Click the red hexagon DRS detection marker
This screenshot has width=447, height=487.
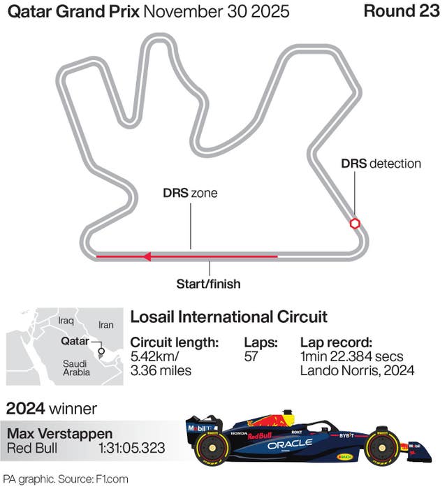coord(355,224)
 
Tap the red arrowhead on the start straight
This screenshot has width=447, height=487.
coord(147,256)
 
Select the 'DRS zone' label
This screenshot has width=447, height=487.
coord(190,193)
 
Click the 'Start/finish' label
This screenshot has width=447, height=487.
coord(208,284)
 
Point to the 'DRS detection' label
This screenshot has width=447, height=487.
coord(381,163)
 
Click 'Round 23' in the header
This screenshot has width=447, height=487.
coord(402,11)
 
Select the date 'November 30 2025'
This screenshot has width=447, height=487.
coord(217,11)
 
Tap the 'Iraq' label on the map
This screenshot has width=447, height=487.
coord(66,320)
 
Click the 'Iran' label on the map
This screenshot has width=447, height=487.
coord(106,325)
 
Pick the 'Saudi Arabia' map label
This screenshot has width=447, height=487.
coord(76,368)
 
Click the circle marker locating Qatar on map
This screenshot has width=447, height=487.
coord(101,351)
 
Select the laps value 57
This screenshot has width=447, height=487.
coord(251,356)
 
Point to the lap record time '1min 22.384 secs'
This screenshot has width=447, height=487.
coord(352,356)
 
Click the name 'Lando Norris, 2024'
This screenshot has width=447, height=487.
coord(358,370)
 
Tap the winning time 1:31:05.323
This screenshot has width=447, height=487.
coord(131,448)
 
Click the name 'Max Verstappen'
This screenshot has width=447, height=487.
coord(59,434)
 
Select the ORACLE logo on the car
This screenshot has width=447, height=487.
coord(290,444)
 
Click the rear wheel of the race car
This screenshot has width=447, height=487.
coord(212,448)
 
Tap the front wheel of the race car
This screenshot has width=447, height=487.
coord(382,447)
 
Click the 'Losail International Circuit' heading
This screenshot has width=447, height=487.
coord(229,317)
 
